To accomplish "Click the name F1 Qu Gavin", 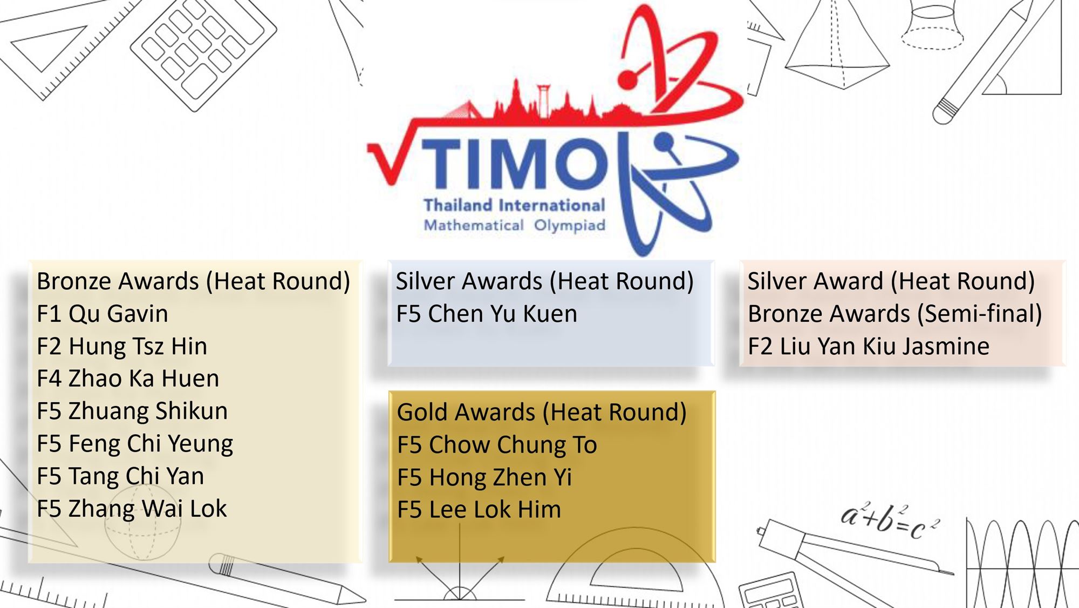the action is (103, 314).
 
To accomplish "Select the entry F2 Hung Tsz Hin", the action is (122, 346).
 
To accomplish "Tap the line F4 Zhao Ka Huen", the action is (128, 379).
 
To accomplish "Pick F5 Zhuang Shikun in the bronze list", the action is (132, 411).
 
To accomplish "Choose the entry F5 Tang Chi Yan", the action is (120, 476).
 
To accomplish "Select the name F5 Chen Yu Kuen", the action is (487, 314).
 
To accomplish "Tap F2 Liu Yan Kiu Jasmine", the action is (869, 346).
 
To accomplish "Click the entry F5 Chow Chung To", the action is (497, 445).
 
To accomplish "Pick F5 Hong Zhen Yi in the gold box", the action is (484, 477).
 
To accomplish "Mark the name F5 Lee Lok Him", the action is (479, 510).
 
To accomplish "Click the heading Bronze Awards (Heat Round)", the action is (193, 281).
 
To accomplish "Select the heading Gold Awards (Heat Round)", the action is (542, 413).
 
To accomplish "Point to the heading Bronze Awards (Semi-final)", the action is (895, 314).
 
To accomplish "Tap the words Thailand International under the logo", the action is (514, 205).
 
